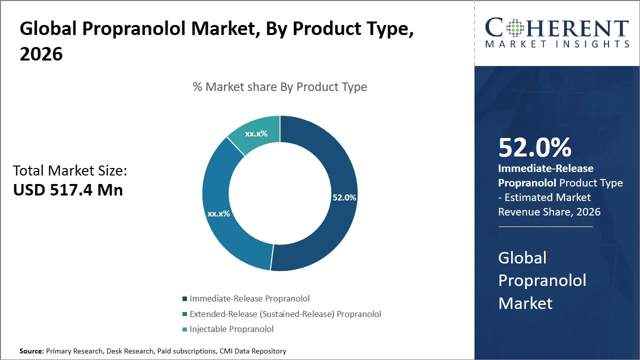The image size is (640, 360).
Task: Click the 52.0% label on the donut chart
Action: point(344,197)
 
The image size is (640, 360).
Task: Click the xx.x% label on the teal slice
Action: point(256,133)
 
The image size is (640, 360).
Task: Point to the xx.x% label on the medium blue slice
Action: point(218,213)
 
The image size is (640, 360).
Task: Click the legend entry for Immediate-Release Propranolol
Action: point(249,298)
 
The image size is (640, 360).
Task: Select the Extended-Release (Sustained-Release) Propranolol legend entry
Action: point(285,314)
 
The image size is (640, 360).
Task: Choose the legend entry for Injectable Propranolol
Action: point(231,329)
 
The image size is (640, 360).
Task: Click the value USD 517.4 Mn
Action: point(68,190)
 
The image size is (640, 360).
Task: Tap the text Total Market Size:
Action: point(70,170)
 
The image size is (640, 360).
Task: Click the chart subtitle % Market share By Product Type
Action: point(280,87)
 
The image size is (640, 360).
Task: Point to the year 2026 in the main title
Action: point(41,54)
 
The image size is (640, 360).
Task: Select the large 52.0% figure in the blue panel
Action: point(534,147)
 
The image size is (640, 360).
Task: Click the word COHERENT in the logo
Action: point(556,28)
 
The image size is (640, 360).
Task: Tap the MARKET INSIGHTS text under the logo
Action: point(556,44)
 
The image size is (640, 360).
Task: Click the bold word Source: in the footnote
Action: point(31,351)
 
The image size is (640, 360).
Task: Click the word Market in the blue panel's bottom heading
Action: point(525,303)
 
